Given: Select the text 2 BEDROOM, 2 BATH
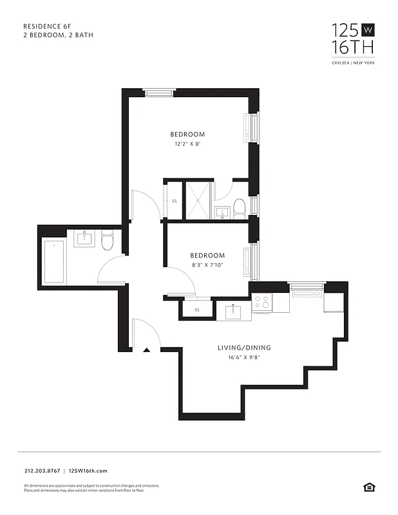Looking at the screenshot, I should click(58, 35).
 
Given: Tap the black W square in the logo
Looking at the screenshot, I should click(368, 30).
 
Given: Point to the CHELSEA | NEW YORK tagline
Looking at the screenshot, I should click(353, 62).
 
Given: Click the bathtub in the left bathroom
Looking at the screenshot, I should click(54, 261).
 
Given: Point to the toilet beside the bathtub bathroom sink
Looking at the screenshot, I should click(108, 241).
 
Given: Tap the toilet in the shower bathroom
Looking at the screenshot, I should click(240, 207).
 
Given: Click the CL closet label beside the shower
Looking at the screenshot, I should click(175, 201).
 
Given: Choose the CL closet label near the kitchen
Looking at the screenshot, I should click(197, 310).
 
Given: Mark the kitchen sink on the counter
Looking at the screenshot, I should click(233, 312).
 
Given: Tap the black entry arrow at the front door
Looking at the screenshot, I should click(147, 350).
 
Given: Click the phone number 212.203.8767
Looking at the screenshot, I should click(41, 471).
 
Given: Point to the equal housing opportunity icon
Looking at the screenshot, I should click(368, 487).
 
